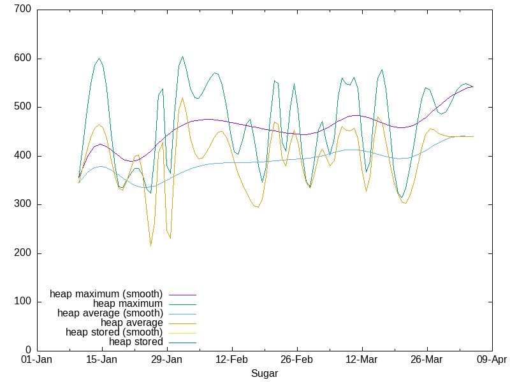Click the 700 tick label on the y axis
[x=23, y=10]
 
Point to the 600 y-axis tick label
[x=23, y=59]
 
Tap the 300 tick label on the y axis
[x=23, y=204]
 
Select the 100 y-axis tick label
[x=23, y=302]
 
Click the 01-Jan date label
[x=37, y=360]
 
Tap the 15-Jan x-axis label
[x=102, y=360]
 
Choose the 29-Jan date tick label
[x=167, y=360]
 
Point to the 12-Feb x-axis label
[x=232, y=360]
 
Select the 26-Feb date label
[x=297, y=360]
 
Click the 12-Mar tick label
[x=362, y=360]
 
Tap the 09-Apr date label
[x=492, y=360]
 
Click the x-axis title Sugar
[x=265, y=373]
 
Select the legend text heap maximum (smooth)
[x=106, y=294]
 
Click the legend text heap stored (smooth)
[x=114, y=332]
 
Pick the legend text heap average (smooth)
[x=110, y=313]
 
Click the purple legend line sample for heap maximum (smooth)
[x=182, y=294]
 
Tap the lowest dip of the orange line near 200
[x=150, y=246]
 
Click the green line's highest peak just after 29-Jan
[x=182, y=56]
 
